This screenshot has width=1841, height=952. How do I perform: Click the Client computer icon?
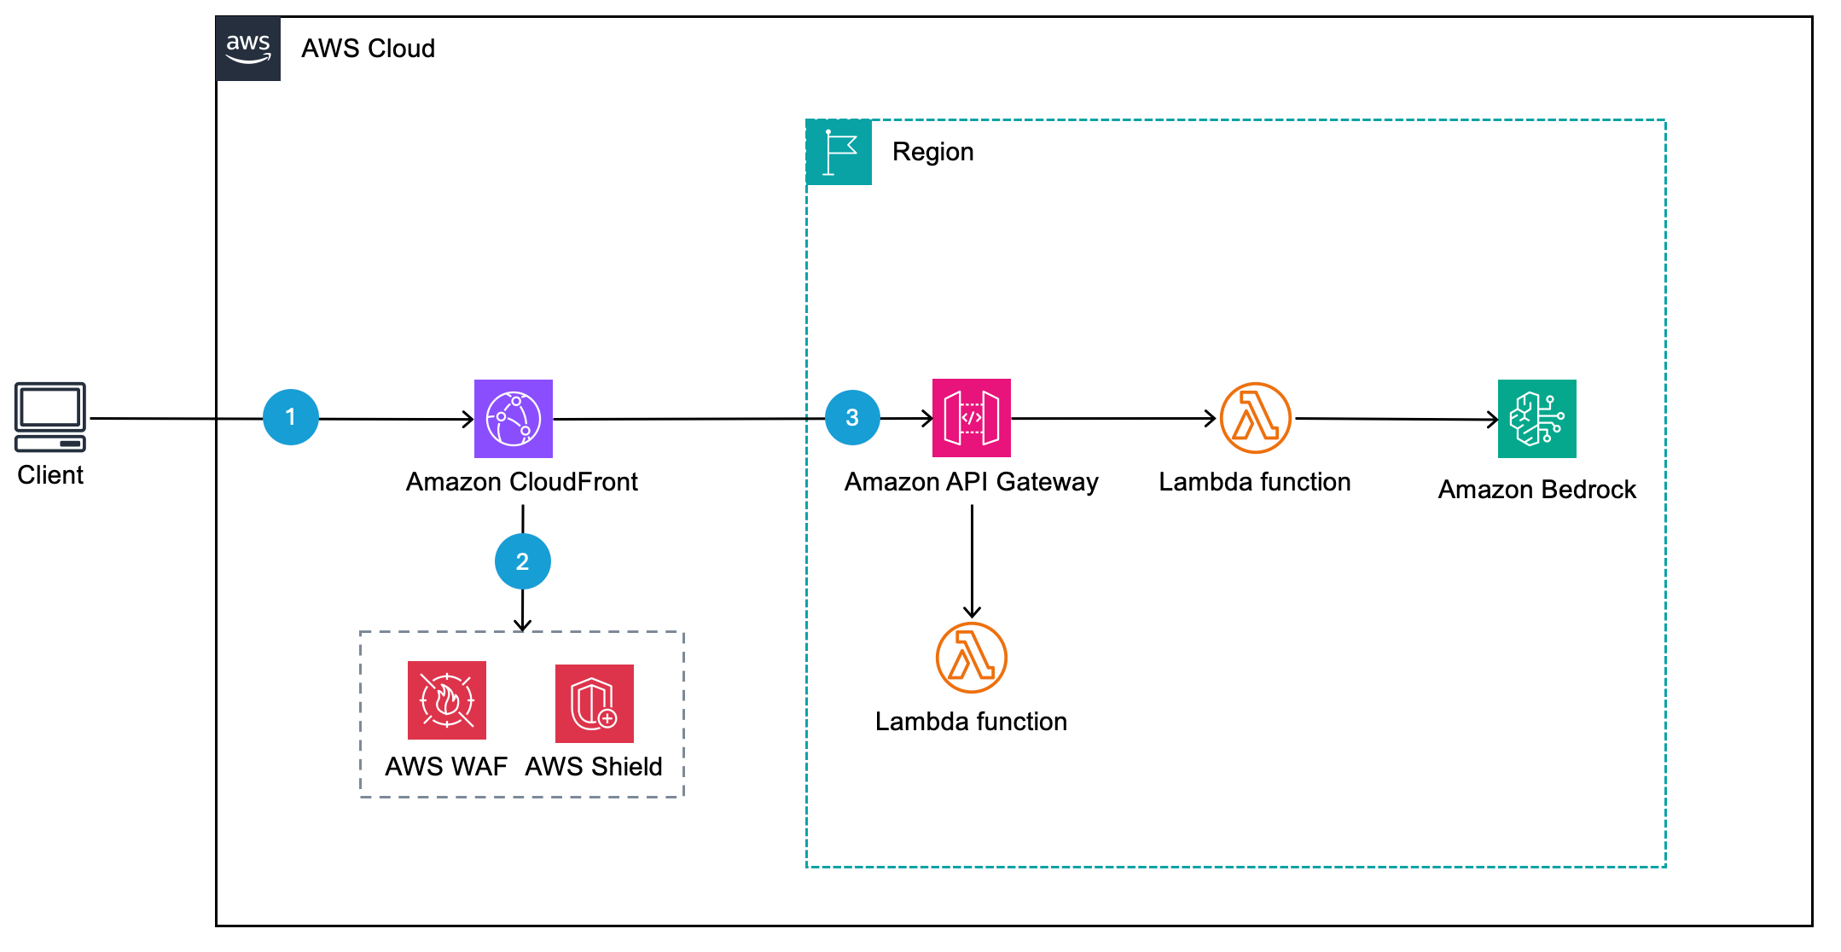tap(50, 416)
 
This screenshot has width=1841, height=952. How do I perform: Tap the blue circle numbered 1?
tap(291, 417)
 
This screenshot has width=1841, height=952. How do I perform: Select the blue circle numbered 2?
tap(522, 561)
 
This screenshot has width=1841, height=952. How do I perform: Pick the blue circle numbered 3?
tap(852, 417)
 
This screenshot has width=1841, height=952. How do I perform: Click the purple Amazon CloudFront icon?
tap(514, 419)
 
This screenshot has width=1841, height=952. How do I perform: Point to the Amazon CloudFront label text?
tap(521, 482)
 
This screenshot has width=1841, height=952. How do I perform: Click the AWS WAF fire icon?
tap(446, 700)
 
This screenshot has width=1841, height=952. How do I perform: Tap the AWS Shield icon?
tap(594, 704)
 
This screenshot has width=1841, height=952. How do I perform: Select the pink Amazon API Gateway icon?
tap(971, 418)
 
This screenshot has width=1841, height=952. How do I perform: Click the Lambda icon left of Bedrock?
tap(1255, 418)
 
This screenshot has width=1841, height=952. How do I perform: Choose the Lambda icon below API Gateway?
tap(971, 658)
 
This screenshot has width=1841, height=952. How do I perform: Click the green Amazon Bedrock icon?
tap(1536, 419)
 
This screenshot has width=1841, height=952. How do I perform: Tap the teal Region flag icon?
tap(839, 153)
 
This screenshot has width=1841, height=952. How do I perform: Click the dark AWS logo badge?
tap(248, 49)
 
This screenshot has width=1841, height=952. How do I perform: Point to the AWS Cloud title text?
tap(368, 49)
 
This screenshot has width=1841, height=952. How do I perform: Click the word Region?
tap(932, 152)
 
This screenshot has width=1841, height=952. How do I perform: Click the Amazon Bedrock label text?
tap(1536, 490)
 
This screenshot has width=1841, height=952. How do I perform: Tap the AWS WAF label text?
tap(446, 767)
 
